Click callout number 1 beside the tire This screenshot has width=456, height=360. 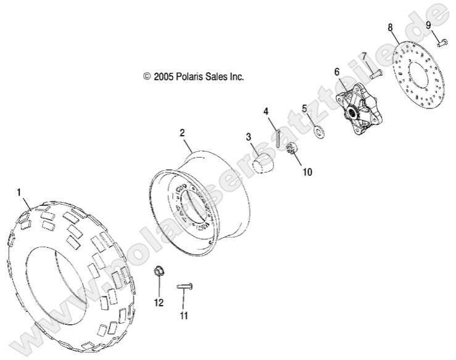pos(19,192)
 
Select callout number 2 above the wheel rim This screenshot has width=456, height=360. pos(182,133)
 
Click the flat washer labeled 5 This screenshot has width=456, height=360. pos(320,131)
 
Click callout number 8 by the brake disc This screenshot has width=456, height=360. pos(389,27)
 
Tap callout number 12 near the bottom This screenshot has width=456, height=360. pos(159,303)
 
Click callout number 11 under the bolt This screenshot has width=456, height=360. pos(183,316)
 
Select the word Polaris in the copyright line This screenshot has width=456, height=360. pos(191,77)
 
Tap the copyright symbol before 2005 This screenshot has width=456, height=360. pos(147,77)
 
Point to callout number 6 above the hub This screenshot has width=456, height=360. pos(337,72)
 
